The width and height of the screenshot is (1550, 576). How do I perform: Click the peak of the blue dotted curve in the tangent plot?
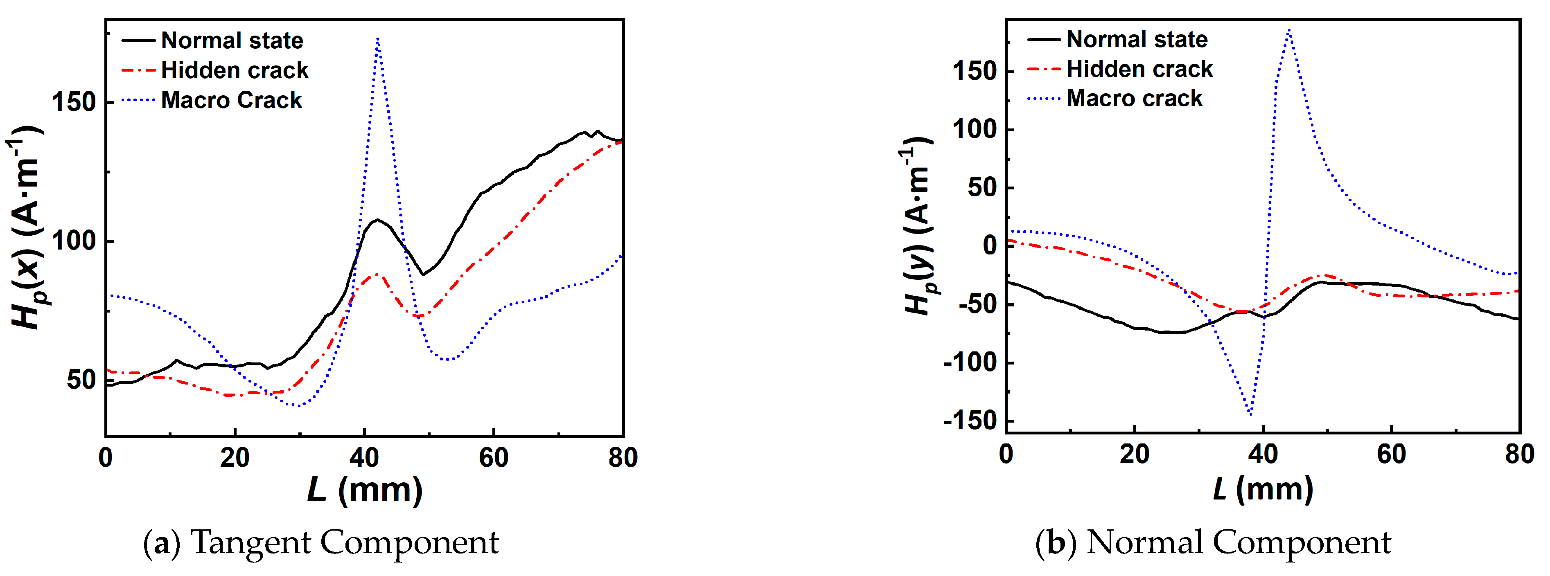pos(377,39)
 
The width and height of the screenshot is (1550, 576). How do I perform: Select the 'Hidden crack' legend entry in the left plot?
pos(234,70)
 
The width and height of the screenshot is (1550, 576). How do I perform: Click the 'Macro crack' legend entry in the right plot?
pos(1134,98)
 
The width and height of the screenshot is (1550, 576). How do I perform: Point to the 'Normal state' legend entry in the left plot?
pos(232,40)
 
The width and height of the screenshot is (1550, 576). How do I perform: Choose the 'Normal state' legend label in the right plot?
pos(1137,40)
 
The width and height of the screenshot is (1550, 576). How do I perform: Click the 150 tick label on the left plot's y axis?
pos(74,102)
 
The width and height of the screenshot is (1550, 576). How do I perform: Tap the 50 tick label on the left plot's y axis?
pos(81,380)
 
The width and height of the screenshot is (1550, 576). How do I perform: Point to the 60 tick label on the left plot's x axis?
pos(493,458)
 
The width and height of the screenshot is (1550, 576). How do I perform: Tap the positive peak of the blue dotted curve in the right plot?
pos(1289,30)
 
